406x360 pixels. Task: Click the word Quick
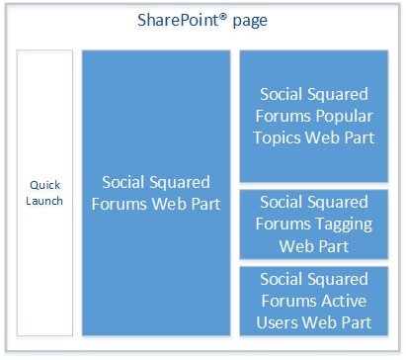click(x=45, y=185)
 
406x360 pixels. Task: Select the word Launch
click(x=45, y=201)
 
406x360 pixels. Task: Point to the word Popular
click(x=343, y=116)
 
